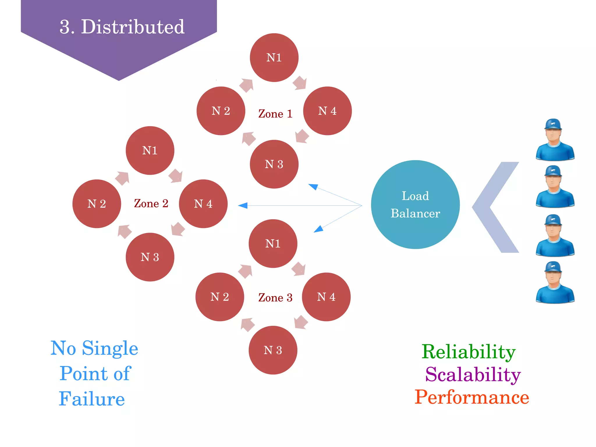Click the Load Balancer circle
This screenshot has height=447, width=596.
(415, 204)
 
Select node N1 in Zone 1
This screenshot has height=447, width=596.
(274, 57)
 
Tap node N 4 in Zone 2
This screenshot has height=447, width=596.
(203, 204)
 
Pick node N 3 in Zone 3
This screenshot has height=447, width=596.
(273, 350)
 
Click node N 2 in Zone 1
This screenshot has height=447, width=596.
(221, 111)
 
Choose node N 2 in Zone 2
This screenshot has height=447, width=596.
(97, 204)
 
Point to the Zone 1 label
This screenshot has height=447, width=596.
(275, 114)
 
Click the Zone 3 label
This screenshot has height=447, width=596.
(275, 297)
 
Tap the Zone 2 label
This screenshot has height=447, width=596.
(151, 203)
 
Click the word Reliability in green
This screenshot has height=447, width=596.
(469, 352)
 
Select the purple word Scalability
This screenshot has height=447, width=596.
(473, 374)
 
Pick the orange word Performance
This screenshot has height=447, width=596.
(471, 397)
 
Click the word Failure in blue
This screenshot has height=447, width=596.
(92, 399)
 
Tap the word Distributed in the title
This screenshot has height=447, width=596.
(132, 27)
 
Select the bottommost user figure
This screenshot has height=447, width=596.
(555, 282)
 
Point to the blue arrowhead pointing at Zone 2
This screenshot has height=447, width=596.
(243, 206)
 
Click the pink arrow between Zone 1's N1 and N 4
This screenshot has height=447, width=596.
(300, 83)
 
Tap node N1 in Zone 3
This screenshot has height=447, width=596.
(273, 243)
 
